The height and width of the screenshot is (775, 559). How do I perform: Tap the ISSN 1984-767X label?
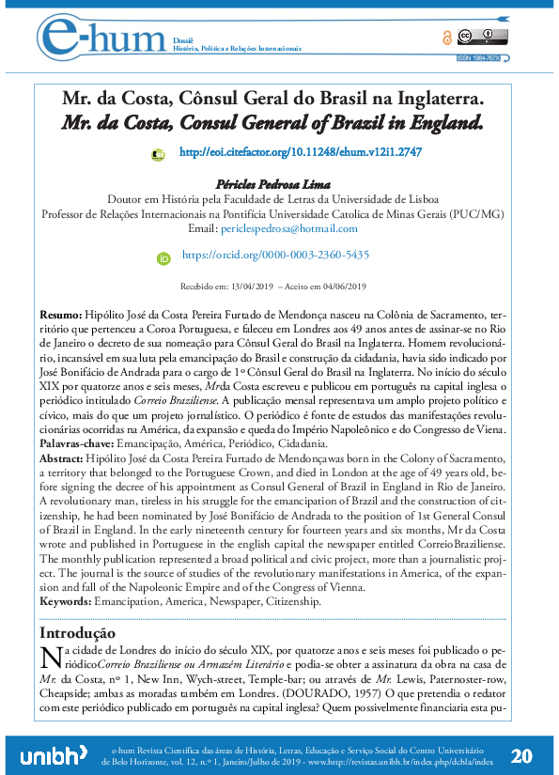point(478,57)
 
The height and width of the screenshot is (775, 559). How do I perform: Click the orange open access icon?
point(446,39)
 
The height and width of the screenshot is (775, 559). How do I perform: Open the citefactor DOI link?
point(300,151)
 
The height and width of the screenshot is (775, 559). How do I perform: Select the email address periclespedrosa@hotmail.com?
point(299,228)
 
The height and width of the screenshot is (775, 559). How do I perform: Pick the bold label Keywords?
point(65,600)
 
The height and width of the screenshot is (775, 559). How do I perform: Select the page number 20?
point(523,755)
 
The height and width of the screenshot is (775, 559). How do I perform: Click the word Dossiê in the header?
point(182,40)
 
